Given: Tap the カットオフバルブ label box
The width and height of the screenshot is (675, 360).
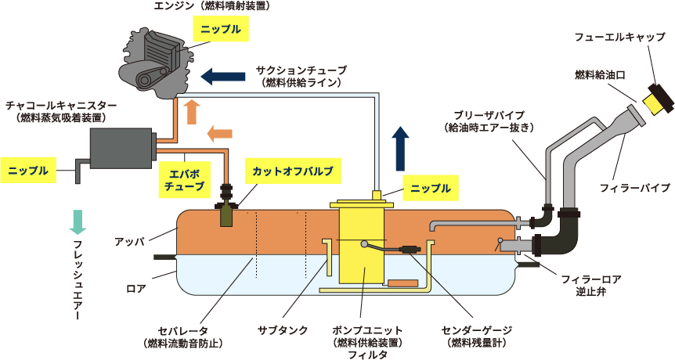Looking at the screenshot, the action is [293, 171].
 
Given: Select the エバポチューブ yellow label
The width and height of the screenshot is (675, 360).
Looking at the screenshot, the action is [185, 180].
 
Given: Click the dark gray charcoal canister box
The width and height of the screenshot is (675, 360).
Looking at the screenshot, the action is [122, 149].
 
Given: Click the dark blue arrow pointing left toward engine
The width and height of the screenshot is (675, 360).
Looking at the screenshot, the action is [223, 77].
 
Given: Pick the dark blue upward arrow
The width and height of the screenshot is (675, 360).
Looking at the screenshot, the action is [401, 149].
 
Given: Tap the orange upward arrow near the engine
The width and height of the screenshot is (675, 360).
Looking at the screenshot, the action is [192, 113].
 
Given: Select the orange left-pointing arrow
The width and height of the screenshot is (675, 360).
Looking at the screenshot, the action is [219, 133].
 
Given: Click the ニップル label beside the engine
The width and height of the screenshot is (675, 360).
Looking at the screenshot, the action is [221, 29].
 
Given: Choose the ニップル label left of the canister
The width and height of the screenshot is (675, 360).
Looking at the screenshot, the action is [28, 171].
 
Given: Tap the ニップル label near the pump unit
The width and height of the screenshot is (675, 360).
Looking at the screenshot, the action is [431, 188].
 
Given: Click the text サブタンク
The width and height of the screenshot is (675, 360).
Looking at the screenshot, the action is [283, 330].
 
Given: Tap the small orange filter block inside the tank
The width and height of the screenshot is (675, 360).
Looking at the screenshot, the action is [403, 283].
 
